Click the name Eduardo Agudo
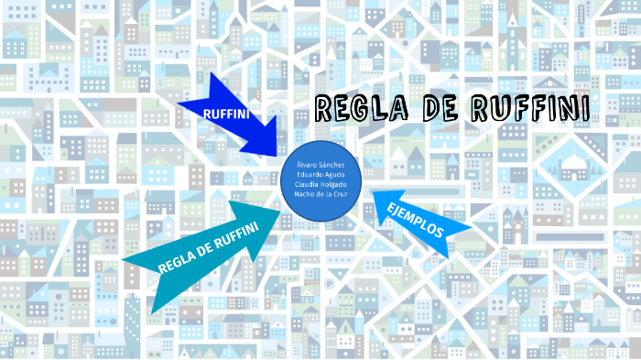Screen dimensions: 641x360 click(320, 173)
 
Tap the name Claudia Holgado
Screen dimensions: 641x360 click(320, 183)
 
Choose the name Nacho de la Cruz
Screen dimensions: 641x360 click(320, 193)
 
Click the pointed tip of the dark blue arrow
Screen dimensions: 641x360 click(275, 152)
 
